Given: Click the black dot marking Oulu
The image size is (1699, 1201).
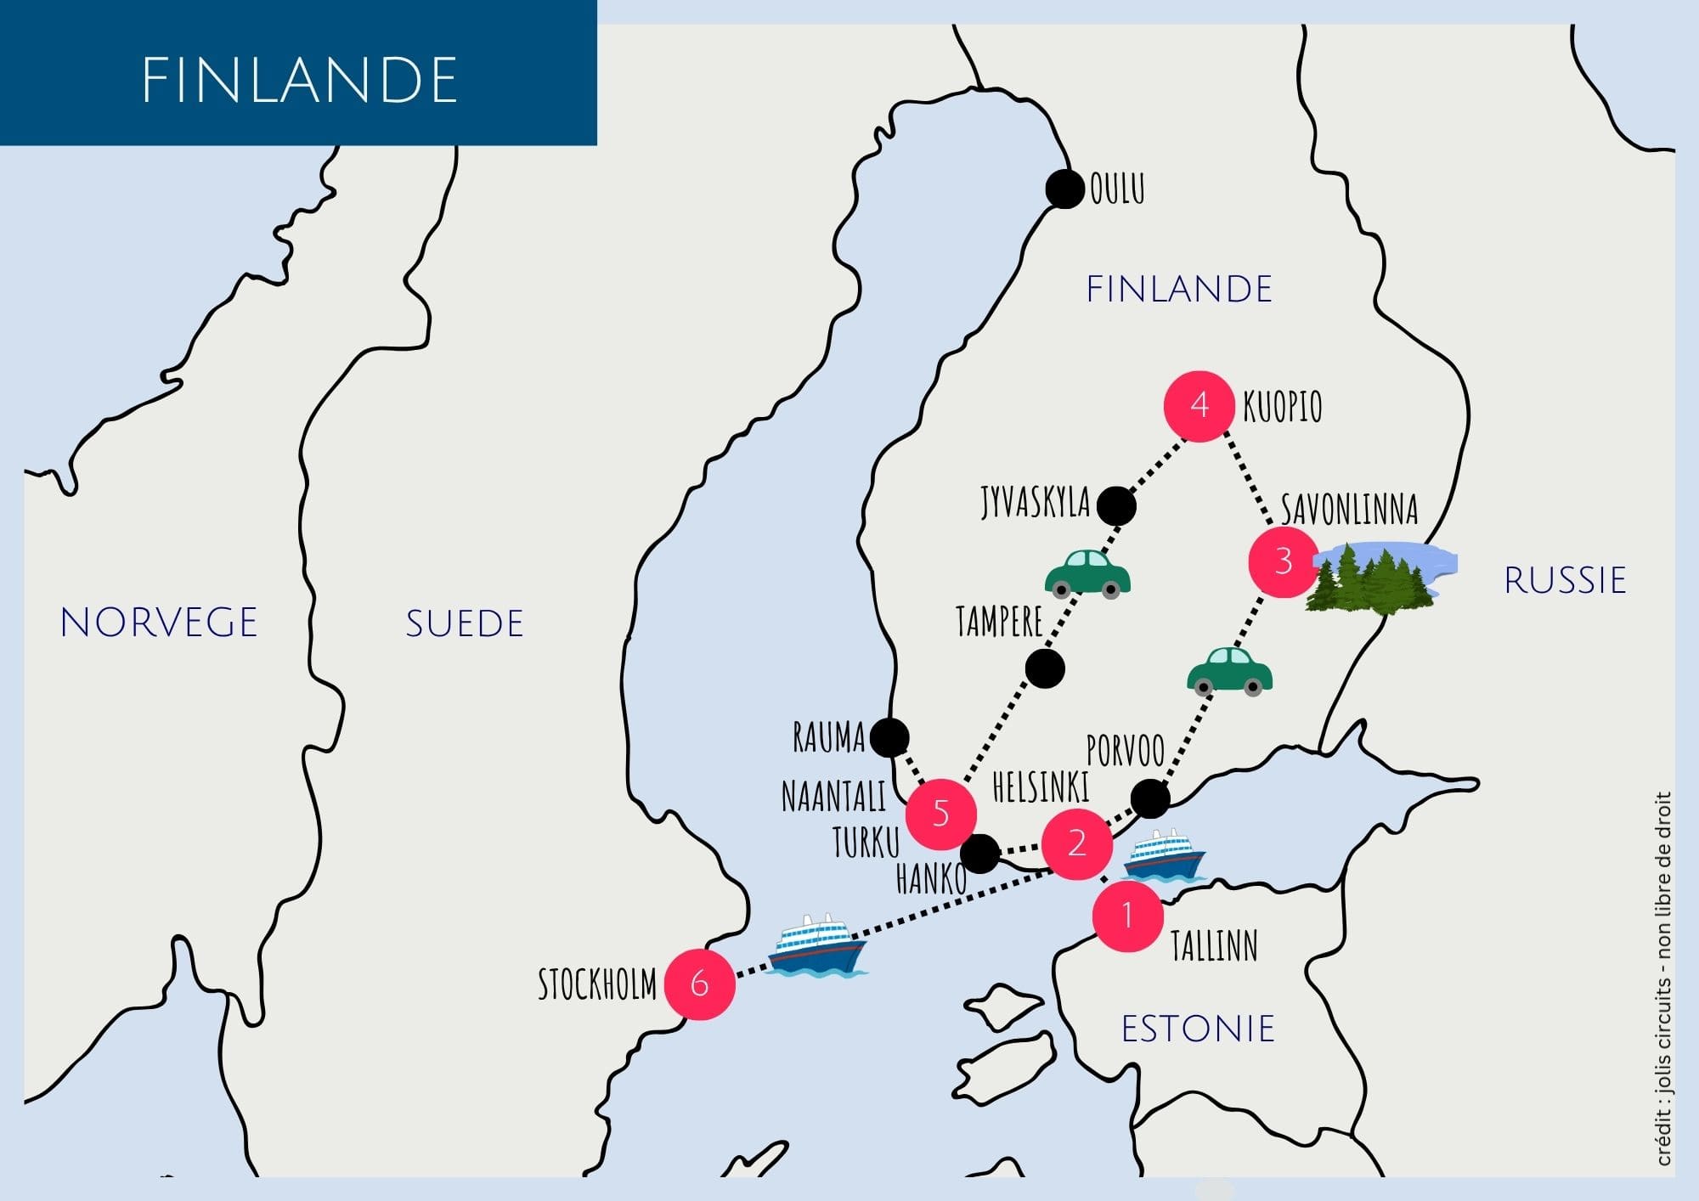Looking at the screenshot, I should click(x=1064, y=189).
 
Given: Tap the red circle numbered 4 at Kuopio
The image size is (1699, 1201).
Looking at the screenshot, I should click(x=1199, y=406).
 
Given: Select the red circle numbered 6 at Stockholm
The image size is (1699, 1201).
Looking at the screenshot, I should click(x=699, y=984).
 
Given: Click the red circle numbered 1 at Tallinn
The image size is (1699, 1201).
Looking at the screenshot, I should click(x=1127, y=916).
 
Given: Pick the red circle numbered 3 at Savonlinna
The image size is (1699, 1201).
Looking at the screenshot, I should click(x=1283, y=561).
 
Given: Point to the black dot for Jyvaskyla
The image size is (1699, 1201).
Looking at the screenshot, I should click(x=1115, y=506).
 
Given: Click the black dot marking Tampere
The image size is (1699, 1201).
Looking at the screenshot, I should click(x=1044, y=668).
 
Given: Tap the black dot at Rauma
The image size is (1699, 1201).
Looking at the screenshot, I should click(x=889, y=737).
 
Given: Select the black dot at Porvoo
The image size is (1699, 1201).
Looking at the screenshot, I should click(x=1150, y=798).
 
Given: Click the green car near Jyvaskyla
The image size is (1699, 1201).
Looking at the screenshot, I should click(x=1087, y=574).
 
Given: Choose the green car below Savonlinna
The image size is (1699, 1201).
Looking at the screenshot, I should click(x=1229, y=672).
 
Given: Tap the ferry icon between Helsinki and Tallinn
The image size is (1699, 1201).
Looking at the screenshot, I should click(x=1164, y=855).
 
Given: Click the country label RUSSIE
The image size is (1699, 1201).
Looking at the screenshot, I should click(x=1565, y=581).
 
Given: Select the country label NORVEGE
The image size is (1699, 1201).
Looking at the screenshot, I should click(x=159, y=623).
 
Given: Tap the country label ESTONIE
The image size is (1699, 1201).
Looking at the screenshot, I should click(x=1198, y=1029).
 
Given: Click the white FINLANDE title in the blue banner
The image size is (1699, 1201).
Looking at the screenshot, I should click(x=299, y=81).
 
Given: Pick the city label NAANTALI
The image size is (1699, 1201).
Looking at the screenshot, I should click(x=833, y=797).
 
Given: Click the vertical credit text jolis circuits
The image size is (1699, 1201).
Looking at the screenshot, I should click(x=1663, y=977).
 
